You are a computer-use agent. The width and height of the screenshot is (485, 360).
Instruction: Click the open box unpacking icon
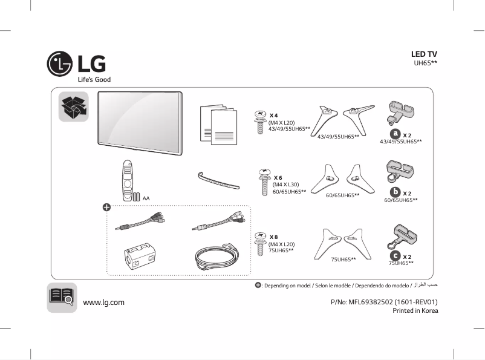tap(73, 107)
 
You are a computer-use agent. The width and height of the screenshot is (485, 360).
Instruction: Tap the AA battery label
tap(146, 198)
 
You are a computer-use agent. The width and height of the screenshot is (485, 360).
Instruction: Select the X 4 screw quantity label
tap(273, 115)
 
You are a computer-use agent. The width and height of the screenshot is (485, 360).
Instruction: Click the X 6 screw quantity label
tap(278, 177)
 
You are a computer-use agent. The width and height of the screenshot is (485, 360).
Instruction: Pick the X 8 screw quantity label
tap(274, 237)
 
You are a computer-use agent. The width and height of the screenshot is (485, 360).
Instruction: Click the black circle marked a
tap(395, 133)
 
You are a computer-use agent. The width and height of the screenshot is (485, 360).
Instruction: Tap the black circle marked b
tap(395, 192)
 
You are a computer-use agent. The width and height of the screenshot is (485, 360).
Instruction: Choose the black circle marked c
tap(395, 256)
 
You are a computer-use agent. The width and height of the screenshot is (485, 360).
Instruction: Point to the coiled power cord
tap(218, 257)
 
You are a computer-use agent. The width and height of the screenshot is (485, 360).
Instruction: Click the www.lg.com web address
tap(103, 302)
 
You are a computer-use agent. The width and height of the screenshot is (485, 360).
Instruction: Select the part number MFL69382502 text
tap(384, 302)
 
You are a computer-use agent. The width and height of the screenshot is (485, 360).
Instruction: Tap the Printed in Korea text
tap(415, 311)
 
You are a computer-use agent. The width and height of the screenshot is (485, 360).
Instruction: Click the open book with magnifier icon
tap(62, 297)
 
